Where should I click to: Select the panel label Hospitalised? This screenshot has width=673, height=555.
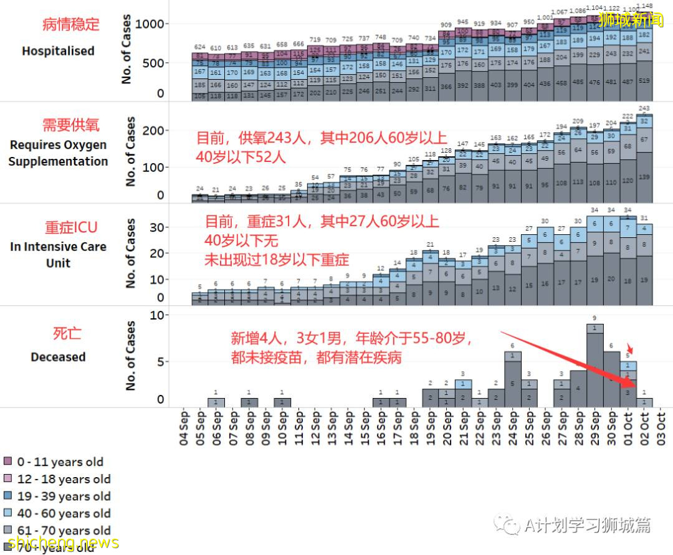pos(58,51)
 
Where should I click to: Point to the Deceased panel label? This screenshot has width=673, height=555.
pos(58,357)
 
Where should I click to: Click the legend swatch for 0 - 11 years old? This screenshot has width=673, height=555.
pos(8,462)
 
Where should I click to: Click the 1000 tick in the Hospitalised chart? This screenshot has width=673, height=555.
pos(152,24)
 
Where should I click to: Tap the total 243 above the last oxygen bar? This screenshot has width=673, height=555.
pos(644,109)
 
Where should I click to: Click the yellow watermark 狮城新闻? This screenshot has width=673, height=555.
pos(630,20)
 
